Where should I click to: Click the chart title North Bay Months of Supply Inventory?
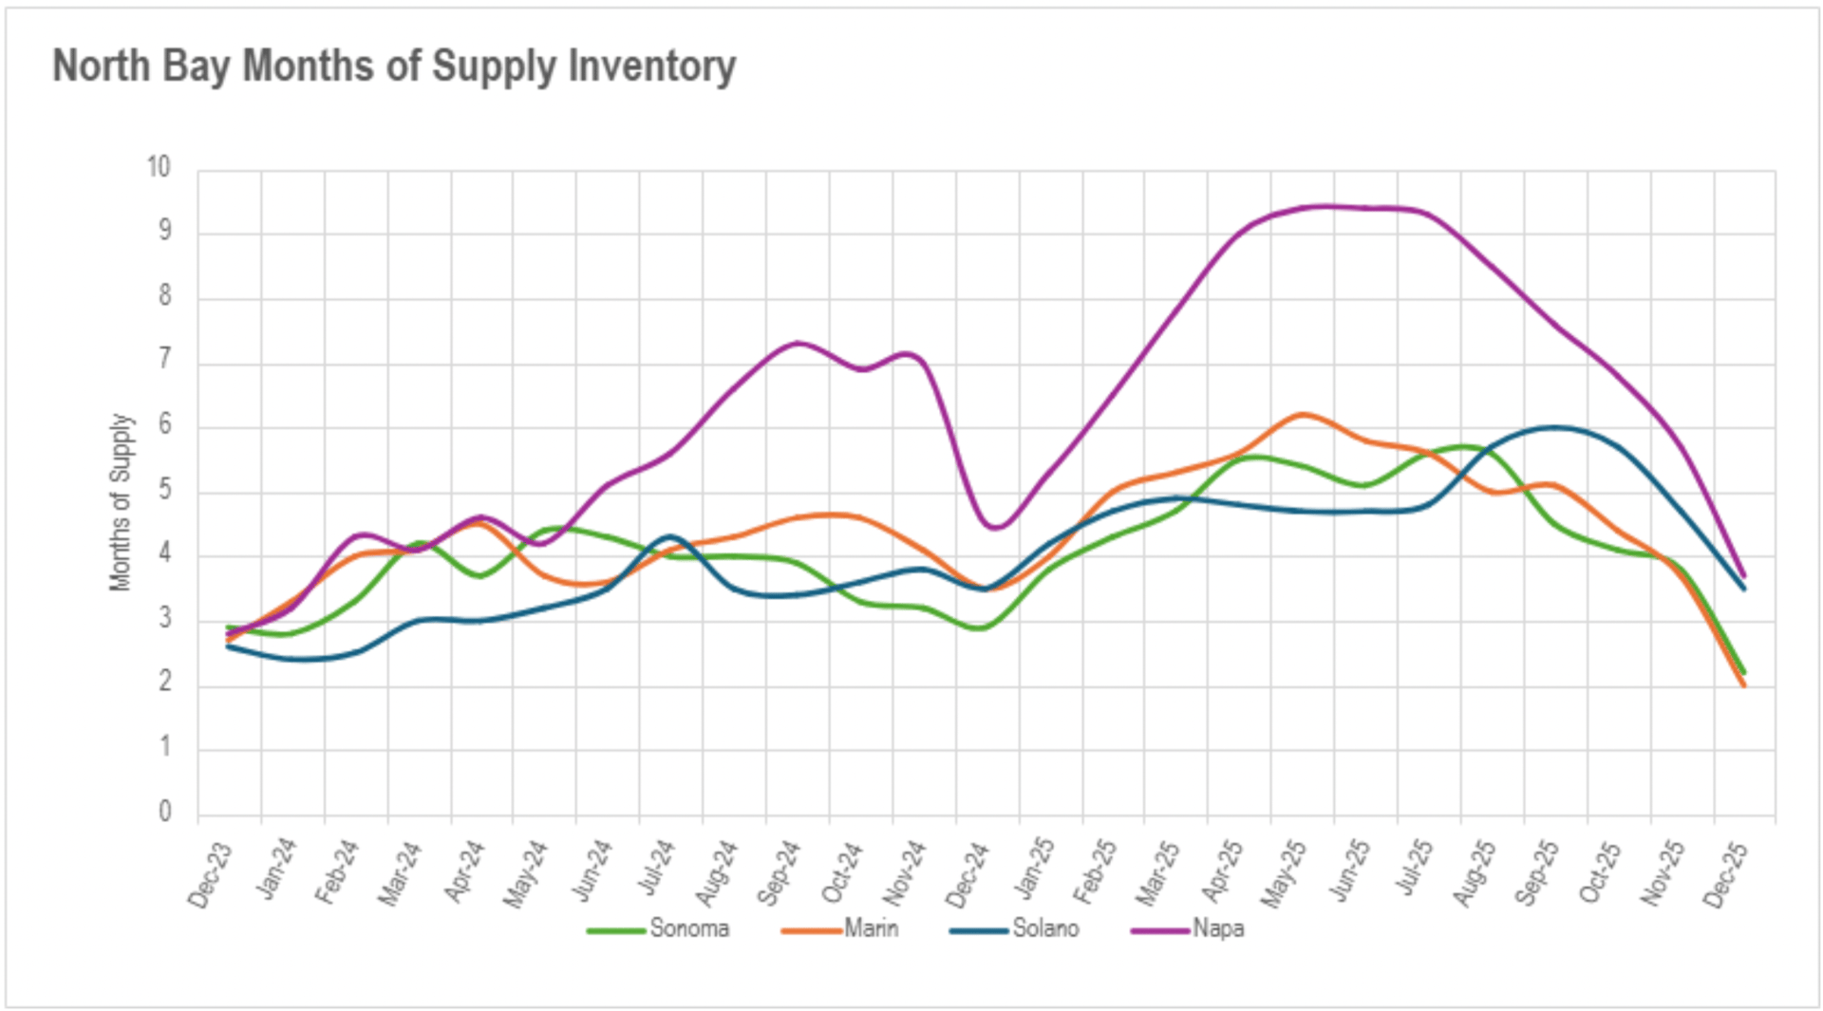coord(394,66)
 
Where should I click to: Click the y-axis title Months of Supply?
coord(121,502)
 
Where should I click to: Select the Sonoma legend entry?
coord(688,928)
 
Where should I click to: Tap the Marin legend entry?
coord(871,928)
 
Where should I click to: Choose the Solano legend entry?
coord(1045,928)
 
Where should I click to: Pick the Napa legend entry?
coord(1218,928)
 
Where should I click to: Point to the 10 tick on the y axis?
coord(159,167)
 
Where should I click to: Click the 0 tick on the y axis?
coord(165,812)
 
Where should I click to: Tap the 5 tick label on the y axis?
coord(165,490)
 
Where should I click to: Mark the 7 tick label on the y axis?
coord(165,360)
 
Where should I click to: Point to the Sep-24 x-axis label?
coord(779,873)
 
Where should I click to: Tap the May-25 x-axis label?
coord(1284,873)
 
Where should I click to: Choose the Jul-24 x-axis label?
coord(655,868)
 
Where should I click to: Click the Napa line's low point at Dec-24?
coord(993,528)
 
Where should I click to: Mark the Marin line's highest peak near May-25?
coord(1303,414)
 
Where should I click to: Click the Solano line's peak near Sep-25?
coord(1553,427)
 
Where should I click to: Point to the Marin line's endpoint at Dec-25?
coord(1743,685)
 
